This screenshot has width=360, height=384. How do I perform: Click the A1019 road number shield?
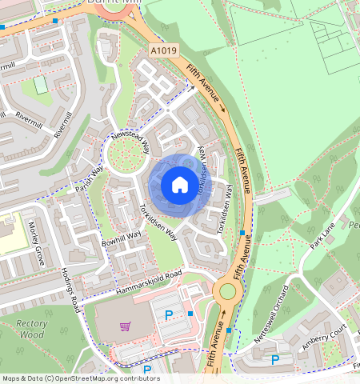click(x=162, y=50)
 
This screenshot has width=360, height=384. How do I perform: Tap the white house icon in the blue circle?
click(x=180, y=185)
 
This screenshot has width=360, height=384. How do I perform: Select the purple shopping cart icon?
click(x=124, y=326)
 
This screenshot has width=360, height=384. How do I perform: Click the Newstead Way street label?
click(x=130, y=142)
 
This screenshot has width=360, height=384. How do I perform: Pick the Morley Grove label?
click(x=36, y=240)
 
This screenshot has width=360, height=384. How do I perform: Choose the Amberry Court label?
click(x=324, y=338)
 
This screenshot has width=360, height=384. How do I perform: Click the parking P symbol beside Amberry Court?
click(x=274, y=360)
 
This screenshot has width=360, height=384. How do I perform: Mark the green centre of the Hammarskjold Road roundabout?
click(x=227, y=291)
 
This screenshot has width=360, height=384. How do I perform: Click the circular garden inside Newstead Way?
click(x=126, y=160)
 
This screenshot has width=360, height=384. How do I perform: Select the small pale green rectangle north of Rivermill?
click(x=40, y=85)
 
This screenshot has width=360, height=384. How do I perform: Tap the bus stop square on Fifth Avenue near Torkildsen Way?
click(x=242, y=233)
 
